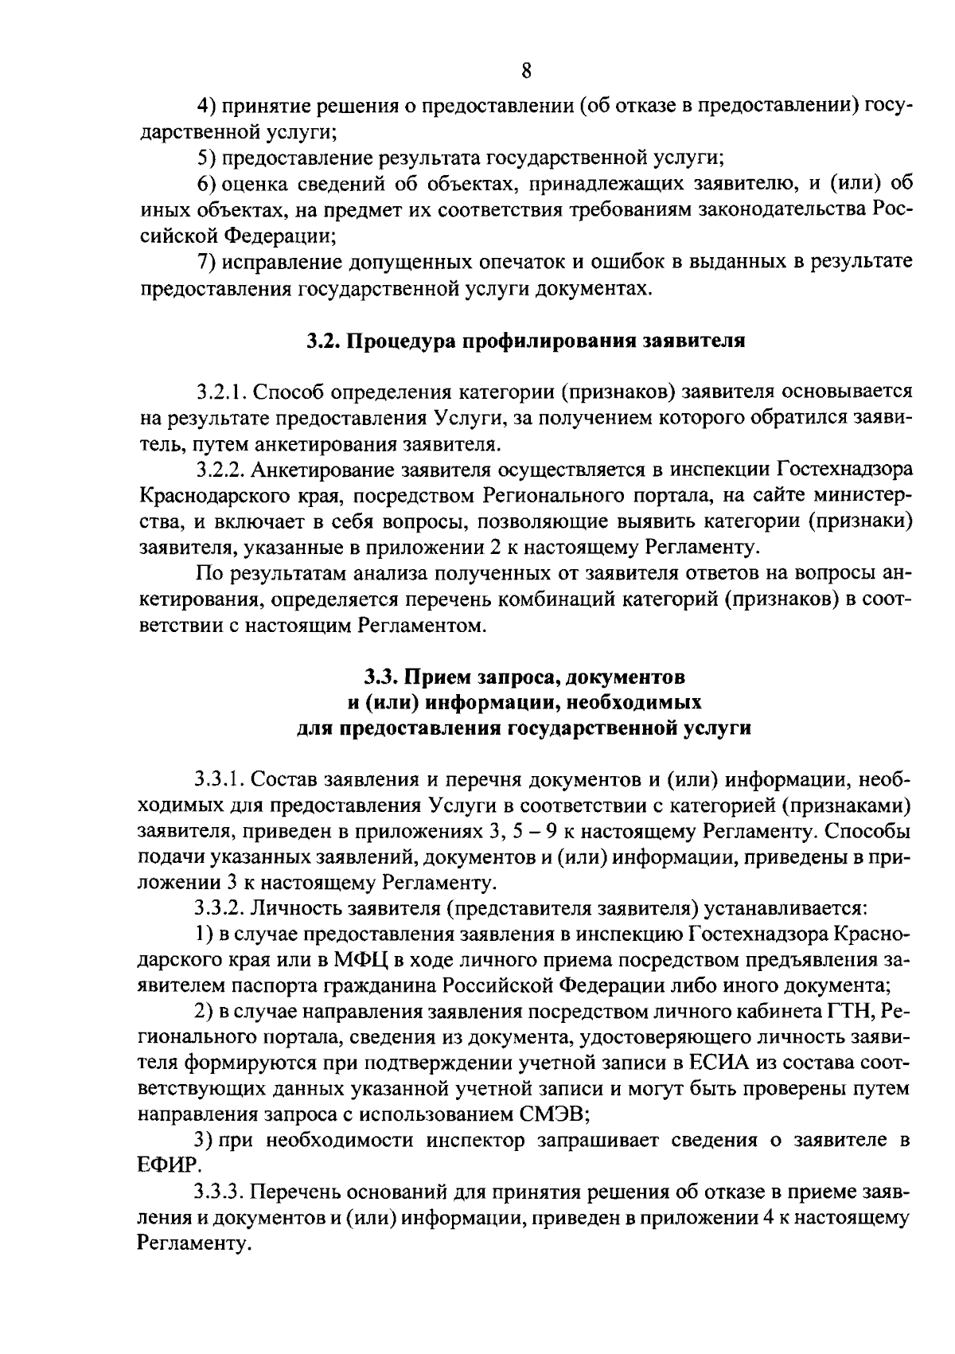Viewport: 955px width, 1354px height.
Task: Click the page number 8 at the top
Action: (x=526, y=71)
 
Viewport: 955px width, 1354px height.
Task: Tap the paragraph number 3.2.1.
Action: (x=219, y=392)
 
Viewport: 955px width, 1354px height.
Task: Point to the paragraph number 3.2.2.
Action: (x=219, y=469)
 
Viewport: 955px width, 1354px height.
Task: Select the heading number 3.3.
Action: (x=380, y=677)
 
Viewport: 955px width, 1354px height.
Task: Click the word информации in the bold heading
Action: (x=485, y=703)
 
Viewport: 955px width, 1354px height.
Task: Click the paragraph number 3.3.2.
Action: (x=219, y=908)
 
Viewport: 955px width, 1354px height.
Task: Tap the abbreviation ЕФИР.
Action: (x=170, y=1165)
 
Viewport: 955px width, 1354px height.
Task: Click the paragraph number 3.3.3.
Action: (x=219, y=1192)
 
